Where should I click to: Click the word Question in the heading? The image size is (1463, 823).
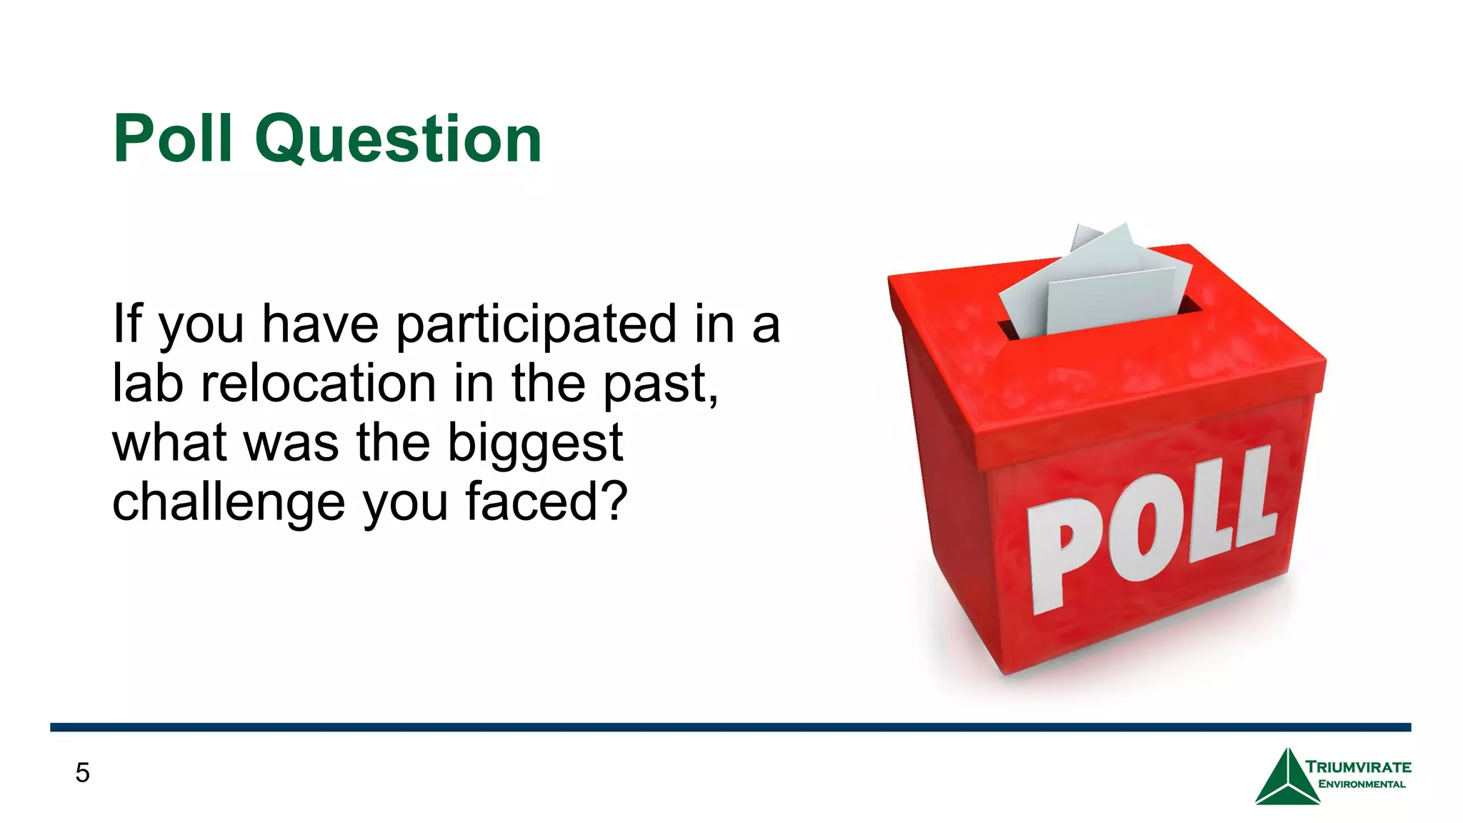(x=398, y=140)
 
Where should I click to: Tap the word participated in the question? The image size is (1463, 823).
(x=536, y=325)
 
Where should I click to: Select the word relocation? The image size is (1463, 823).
(x=318, y=384)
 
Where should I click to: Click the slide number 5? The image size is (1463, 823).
(x=82, y=773)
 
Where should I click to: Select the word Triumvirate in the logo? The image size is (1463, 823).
(x=1358, y=767)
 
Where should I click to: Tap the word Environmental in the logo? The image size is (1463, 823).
(x=1362, y=784)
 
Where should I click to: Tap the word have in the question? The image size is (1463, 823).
(x=319, y=325)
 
